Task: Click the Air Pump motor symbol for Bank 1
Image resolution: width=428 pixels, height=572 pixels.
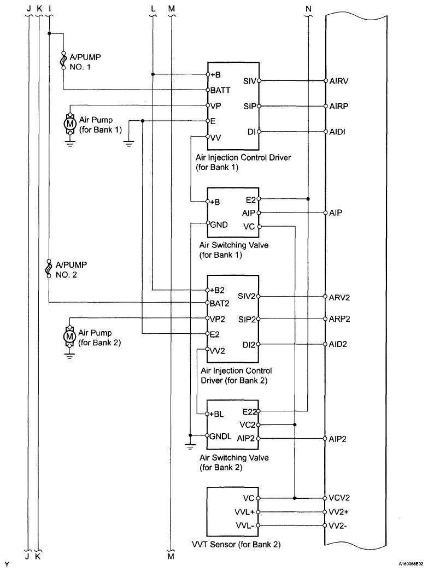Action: pyautogui.click(x=69, y=124)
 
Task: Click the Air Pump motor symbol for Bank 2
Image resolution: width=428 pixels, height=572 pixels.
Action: pyautogui.click(x=69, y=336)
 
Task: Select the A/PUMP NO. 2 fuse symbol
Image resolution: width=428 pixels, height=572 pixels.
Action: pyautogui.click(x=49, y=269)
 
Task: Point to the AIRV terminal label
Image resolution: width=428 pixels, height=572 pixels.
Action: pyautogui.click(x=338, y=81)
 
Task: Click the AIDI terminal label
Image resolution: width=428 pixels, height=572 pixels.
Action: pyautogui.click(x=337, y=132)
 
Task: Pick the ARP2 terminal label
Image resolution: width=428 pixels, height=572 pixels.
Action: pyautogui.click(x=339, y=319)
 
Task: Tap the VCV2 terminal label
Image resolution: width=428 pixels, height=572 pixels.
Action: pyautogui.click(x=339, y=498)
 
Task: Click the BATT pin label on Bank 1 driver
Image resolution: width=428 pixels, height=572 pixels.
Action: pyautogui.click(x=220, y=90)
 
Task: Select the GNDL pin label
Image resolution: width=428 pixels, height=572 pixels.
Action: pyautogui.click(x=221, y=437)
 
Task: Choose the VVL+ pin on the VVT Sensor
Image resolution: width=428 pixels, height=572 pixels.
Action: pyautogui.click(x=244, y=512)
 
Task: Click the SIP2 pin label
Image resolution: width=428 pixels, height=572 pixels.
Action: pyautogui.click(x=247, y=320)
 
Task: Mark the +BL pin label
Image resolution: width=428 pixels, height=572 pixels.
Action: pyautogui.click(x=217, y=415)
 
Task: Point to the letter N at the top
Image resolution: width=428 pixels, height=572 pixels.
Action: pyautogui.click(x=308, y=8)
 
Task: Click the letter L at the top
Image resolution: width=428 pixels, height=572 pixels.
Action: pyautogui.click(x=153, y=8)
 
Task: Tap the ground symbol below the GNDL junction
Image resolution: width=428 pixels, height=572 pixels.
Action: pyautogui.click(x=190, y=446)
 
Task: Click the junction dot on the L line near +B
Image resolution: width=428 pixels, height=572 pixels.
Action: pyautogui.click(x=153, y=74)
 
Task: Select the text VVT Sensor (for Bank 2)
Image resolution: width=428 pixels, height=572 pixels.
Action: pyautogui.click(x=236, y=545)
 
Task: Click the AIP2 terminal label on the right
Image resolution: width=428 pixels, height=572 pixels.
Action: pyautogui.click(x=337, y=439)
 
